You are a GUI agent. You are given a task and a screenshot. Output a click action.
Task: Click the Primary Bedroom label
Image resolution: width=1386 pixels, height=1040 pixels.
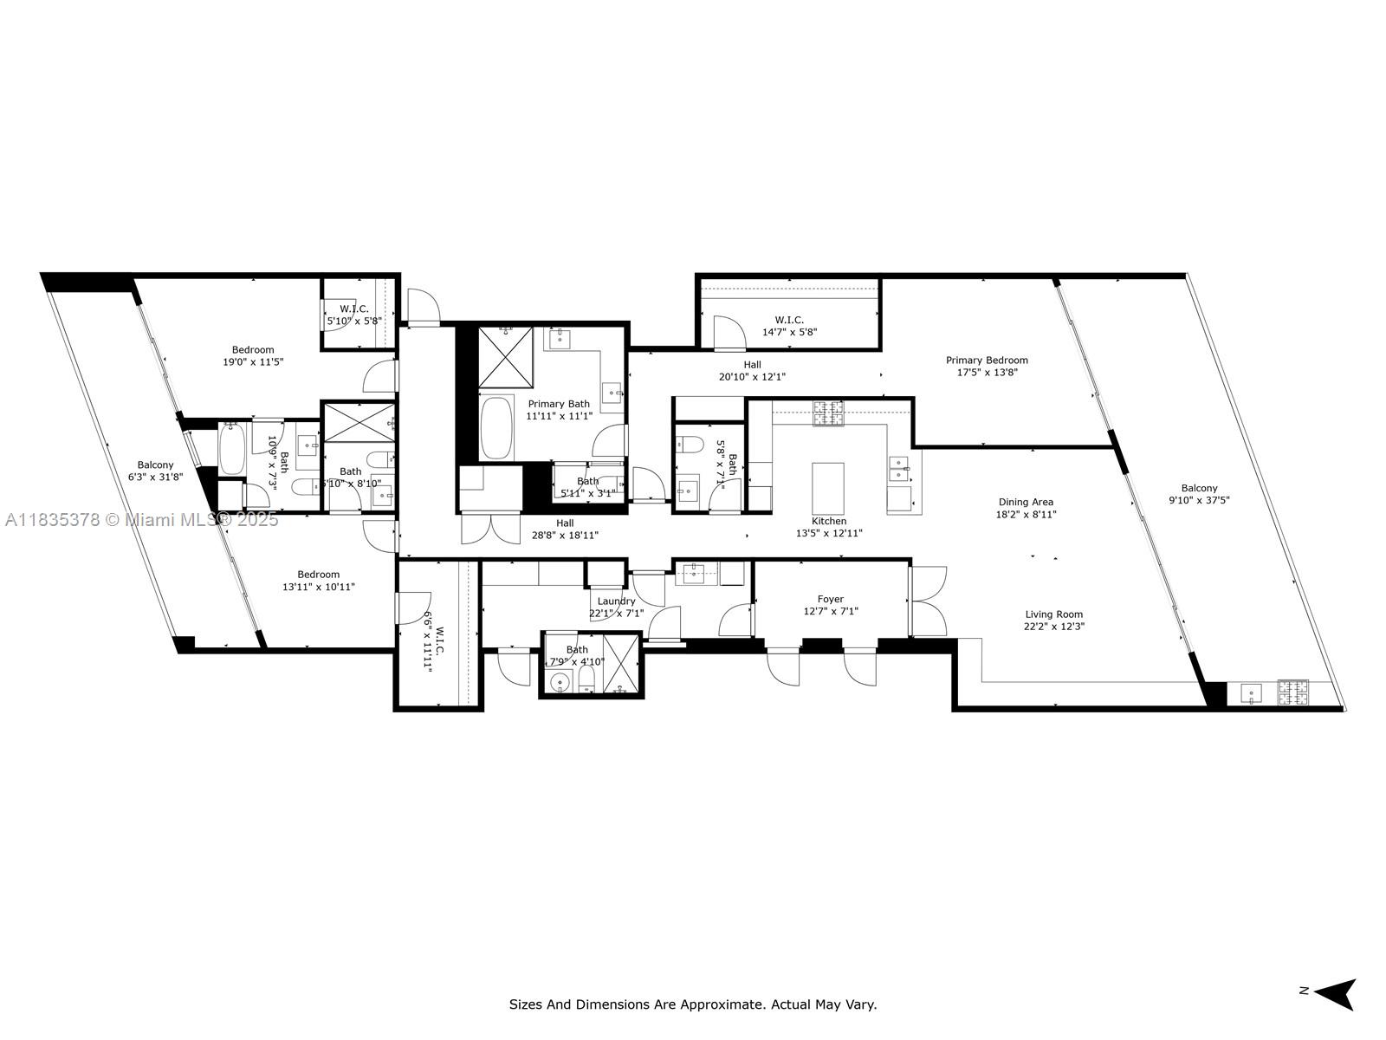[x=987, y=361]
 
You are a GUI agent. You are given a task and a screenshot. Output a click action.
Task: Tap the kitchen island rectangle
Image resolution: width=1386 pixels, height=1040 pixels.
[x=827, y=488]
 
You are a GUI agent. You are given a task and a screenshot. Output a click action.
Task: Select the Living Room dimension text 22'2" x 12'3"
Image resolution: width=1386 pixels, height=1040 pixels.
[x=1054, y=627]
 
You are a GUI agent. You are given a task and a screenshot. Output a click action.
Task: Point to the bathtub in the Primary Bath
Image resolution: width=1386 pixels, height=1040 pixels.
[x=496, y=427]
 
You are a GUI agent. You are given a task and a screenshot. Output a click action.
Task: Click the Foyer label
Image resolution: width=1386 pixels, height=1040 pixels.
[x=830, y=599]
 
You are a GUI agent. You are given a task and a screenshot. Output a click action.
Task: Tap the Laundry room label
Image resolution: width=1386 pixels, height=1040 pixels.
[x=616, y=601]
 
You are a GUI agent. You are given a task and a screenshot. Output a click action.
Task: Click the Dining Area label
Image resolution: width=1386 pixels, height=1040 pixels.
[x=1026, y=502]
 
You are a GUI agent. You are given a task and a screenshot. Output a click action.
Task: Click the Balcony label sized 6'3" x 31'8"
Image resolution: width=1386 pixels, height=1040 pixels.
[x=155, y=465]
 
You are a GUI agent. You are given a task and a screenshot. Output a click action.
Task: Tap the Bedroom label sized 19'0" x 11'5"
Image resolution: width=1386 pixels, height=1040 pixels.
[x=253, y=350]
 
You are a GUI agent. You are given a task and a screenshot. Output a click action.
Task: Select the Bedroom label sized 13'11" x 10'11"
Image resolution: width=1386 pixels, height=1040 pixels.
[x=318, y=575]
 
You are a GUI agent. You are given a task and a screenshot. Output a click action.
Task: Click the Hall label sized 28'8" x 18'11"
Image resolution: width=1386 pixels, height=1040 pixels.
[x=565, y=523]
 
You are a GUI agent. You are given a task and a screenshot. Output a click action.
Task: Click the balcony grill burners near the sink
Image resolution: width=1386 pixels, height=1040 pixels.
[x=1294, y=692]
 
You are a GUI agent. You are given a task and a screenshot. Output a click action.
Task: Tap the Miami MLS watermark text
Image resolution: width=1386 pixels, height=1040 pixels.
[x=141, y=520]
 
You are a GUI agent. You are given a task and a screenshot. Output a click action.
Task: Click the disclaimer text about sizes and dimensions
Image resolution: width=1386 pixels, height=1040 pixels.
[x=692, y=1004]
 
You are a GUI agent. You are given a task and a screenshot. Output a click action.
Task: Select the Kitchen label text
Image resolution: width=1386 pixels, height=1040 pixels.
[x=828, y=521]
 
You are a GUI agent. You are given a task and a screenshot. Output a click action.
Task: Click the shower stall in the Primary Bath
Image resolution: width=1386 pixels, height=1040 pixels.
[x=506, y=358]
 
